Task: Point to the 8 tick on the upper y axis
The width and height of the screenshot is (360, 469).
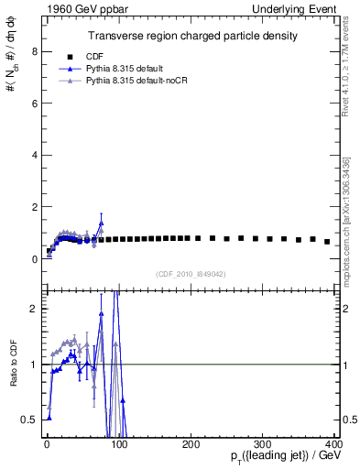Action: click(x=33, y=51)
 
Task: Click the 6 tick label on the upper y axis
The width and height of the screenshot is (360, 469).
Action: click(x=33, y=104)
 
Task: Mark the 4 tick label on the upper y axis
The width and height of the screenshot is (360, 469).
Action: click(x=33, y=156)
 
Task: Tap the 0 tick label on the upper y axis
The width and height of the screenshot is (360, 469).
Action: click(x=33, y=259)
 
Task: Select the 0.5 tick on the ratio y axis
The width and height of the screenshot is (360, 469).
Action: click(x=28, y=420)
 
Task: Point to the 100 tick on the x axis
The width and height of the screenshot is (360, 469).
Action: click(x=119, y=443)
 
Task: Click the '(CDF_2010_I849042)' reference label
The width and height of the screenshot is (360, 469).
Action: click(x=191, y=273)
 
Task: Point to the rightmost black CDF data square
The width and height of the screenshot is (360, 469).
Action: click(x=327, y=242)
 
